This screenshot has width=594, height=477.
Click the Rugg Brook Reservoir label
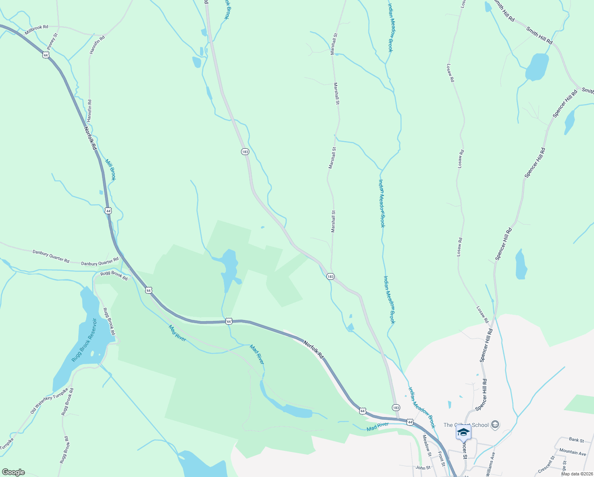[84, 340]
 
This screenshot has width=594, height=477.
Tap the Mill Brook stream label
[110, 170]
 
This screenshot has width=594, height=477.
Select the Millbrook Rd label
[36, 29]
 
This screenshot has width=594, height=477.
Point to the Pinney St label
[52, 41]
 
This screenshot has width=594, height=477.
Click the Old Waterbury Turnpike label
[49, 401]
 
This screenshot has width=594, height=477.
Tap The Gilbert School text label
[466, 425]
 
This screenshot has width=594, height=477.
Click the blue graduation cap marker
[463, 432]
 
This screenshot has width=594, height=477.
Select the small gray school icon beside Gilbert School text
[495, 425]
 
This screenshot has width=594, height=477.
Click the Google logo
[13, 472]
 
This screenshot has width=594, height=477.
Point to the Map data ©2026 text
[577, 473]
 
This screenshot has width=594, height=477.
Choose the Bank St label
[576, 440]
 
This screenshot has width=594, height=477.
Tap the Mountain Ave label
[572, 452]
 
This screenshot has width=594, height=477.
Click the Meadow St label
[426, 445]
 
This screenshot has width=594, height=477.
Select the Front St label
[441, 458]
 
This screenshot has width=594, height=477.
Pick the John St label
[423, 468]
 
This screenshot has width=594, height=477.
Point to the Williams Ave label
[491, 463]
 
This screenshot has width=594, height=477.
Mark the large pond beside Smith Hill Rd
[537, 66]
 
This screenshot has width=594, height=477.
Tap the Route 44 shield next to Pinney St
[46, 55]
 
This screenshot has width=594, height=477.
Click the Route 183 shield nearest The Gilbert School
[395, 408]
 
